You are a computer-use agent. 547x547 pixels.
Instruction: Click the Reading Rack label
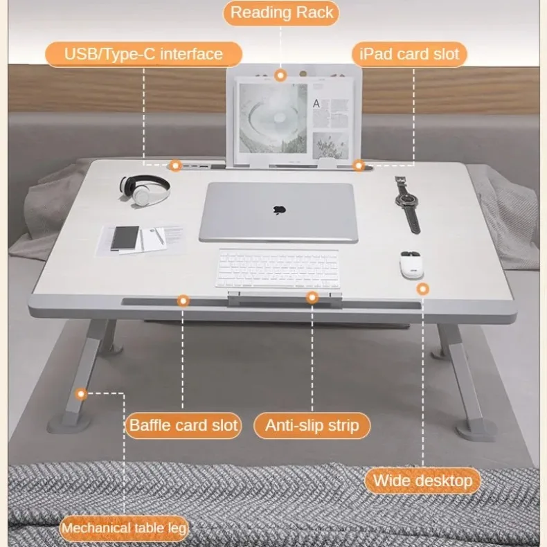click(x=281, y=12)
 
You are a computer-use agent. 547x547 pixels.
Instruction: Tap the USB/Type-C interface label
click(x=144, y=54)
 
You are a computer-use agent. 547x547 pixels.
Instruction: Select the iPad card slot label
click(x=409, y=54)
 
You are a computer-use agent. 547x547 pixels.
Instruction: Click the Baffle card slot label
click(x=183, y=424)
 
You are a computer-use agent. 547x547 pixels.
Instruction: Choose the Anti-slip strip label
click(x=312, y=424)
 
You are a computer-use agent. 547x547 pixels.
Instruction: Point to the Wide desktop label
click(x=422, y=481)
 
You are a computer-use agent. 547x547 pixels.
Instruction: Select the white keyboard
click(x=279, y=269)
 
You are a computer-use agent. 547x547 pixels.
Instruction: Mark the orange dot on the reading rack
click(x=280, y=75)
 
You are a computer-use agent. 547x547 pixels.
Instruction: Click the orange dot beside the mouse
click(x=422, y=288)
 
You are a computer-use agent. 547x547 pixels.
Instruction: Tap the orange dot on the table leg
click(x=82, y=394)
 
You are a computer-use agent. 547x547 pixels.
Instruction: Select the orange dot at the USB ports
click(x=175, y=165)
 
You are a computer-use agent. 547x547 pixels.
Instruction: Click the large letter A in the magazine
click(x=316, y=104)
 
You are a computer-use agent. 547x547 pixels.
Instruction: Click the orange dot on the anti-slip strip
click(x=312, y=298)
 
